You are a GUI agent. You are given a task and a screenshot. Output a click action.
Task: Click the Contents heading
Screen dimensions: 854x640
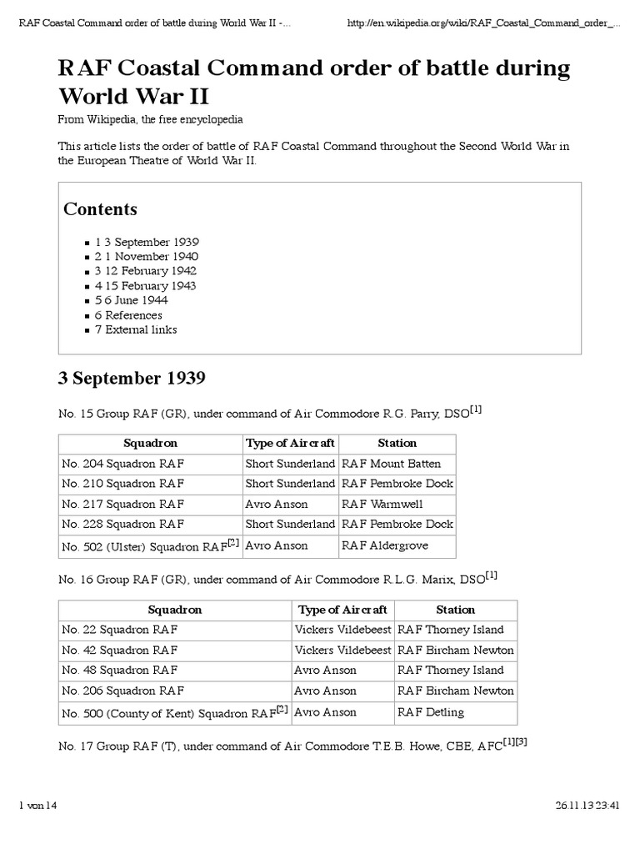click(x=101, y=209)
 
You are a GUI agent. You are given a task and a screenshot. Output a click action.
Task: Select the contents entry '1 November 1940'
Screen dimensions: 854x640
click(x=147, y=257)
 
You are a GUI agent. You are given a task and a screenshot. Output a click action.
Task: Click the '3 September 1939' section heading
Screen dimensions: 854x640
click(x=132, y=379)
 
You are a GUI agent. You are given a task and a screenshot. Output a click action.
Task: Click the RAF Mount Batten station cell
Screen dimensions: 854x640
click(x=391, y=464)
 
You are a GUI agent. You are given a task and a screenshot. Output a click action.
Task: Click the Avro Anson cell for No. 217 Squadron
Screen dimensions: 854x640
click(x=277, y=505)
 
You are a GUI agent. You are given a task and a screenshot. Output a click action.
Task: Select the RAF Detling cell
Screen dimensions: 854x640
click(x=431, y=712)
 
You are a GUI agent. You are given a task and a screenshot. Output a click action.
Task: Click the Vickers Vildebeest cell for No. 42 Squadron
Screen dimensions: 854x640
click(x=342, y=650)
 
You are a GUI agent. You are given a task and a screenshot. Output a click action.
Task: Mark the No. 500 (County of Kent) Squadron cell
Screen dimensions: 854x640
click(x=173, y=713)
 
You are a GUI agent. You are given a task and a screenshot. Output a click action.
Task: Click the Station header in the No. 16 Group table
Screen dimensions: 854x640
click(x=455, y=610)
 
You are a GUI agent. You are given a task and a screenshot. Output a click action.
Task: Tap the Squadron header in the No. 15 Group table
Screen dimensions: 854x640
click(x=150, y=443)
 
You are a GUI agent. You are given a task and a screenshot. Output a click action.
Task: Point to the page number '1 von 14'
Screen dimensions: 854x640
click(x=37, y=806)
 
